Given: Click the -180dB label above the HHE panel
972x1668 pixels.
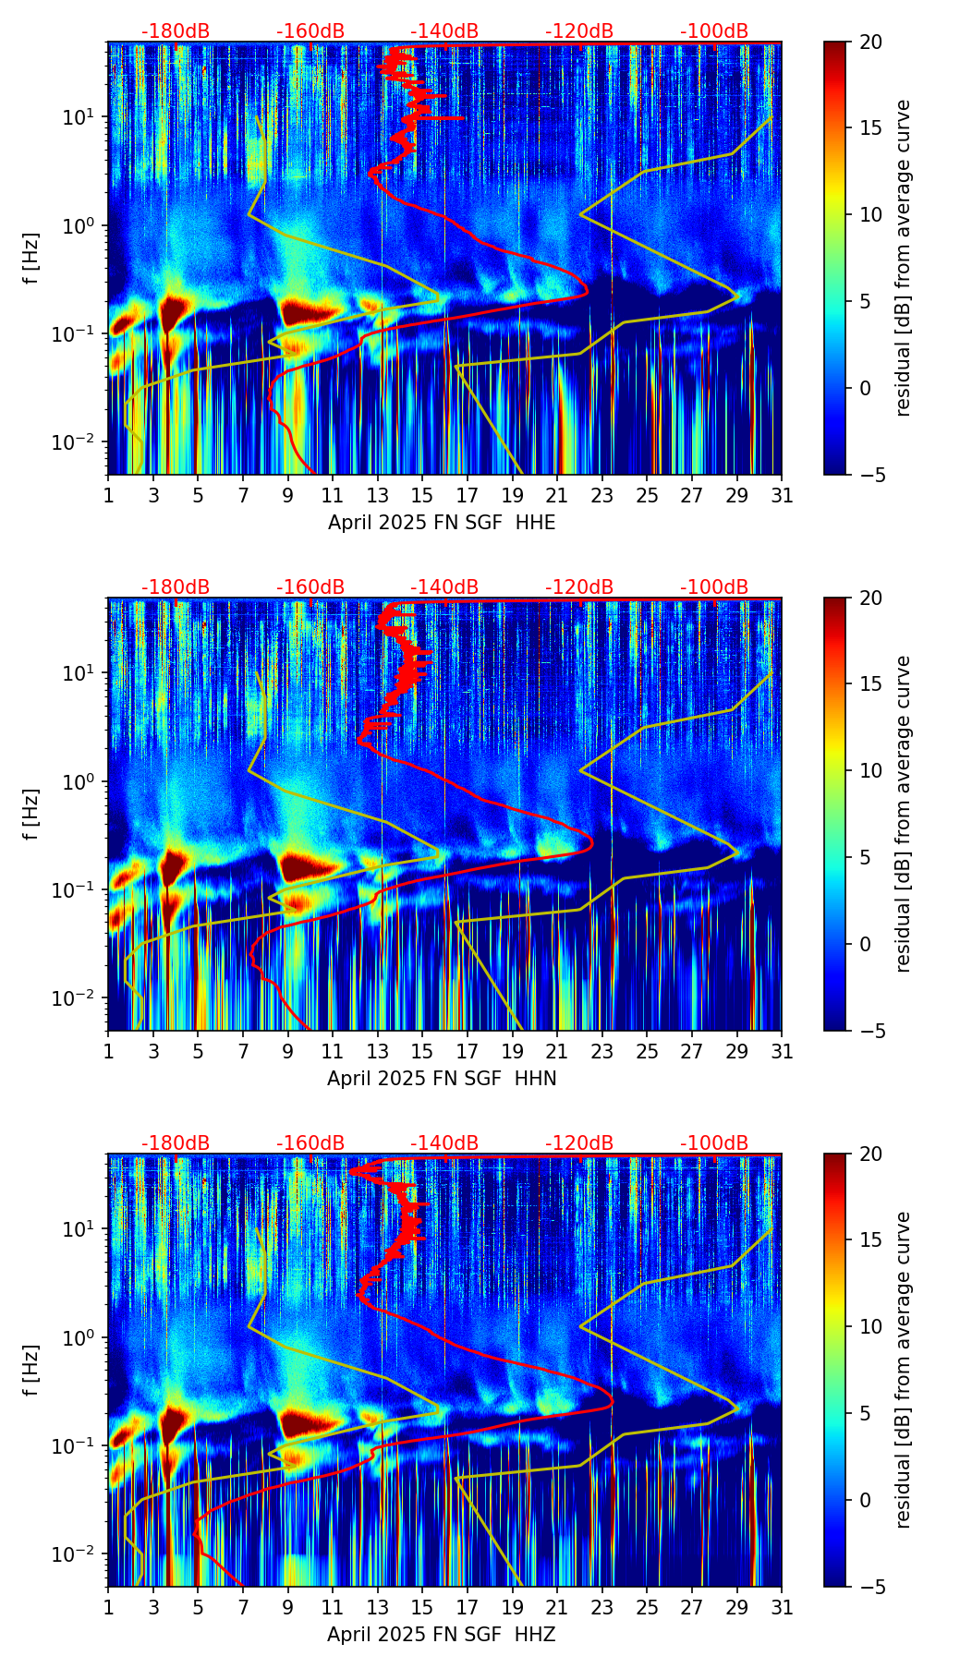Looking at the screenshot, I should pyautogui.click(x=176, y=31).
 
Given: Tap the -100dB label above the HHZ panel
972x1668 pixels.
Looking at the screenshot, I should pyautogui.click(x=714, y=1143).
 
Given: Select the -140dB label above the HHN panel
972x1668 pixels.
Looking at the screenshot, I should pyautogui.click(x=444, y=587).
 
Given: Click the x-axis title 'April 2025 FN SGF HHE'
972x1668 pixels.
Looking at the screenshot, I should pyautogui.click(x=442, y=523).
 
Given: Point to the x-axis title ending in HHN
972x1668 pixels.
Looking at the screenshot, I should pyautogui.click(x=442, y=1079).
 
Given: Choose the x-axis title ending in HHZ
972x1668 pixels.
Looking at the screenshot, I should pyautogui.click(x=442, y=1635).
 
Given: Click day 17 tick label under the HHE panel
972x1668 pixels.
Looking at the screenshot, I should pyautogui.click(x=467, y=495).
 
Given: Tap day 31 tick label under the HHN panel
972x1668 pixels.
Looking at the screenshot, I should pyautogui.click(x=782, y=1051).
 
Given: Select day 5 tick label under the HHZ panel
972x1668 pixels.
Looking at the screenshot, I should pyautogui.click(x=198, y=1607).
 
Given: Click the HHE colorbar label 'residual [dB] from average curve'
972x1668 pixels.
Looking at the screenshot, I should pyautogui.click(x=904, y=259).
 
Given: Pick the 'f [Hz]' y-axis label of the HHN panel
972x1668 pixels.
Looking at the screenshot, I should pyautogui.click(x=33, y=815).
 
